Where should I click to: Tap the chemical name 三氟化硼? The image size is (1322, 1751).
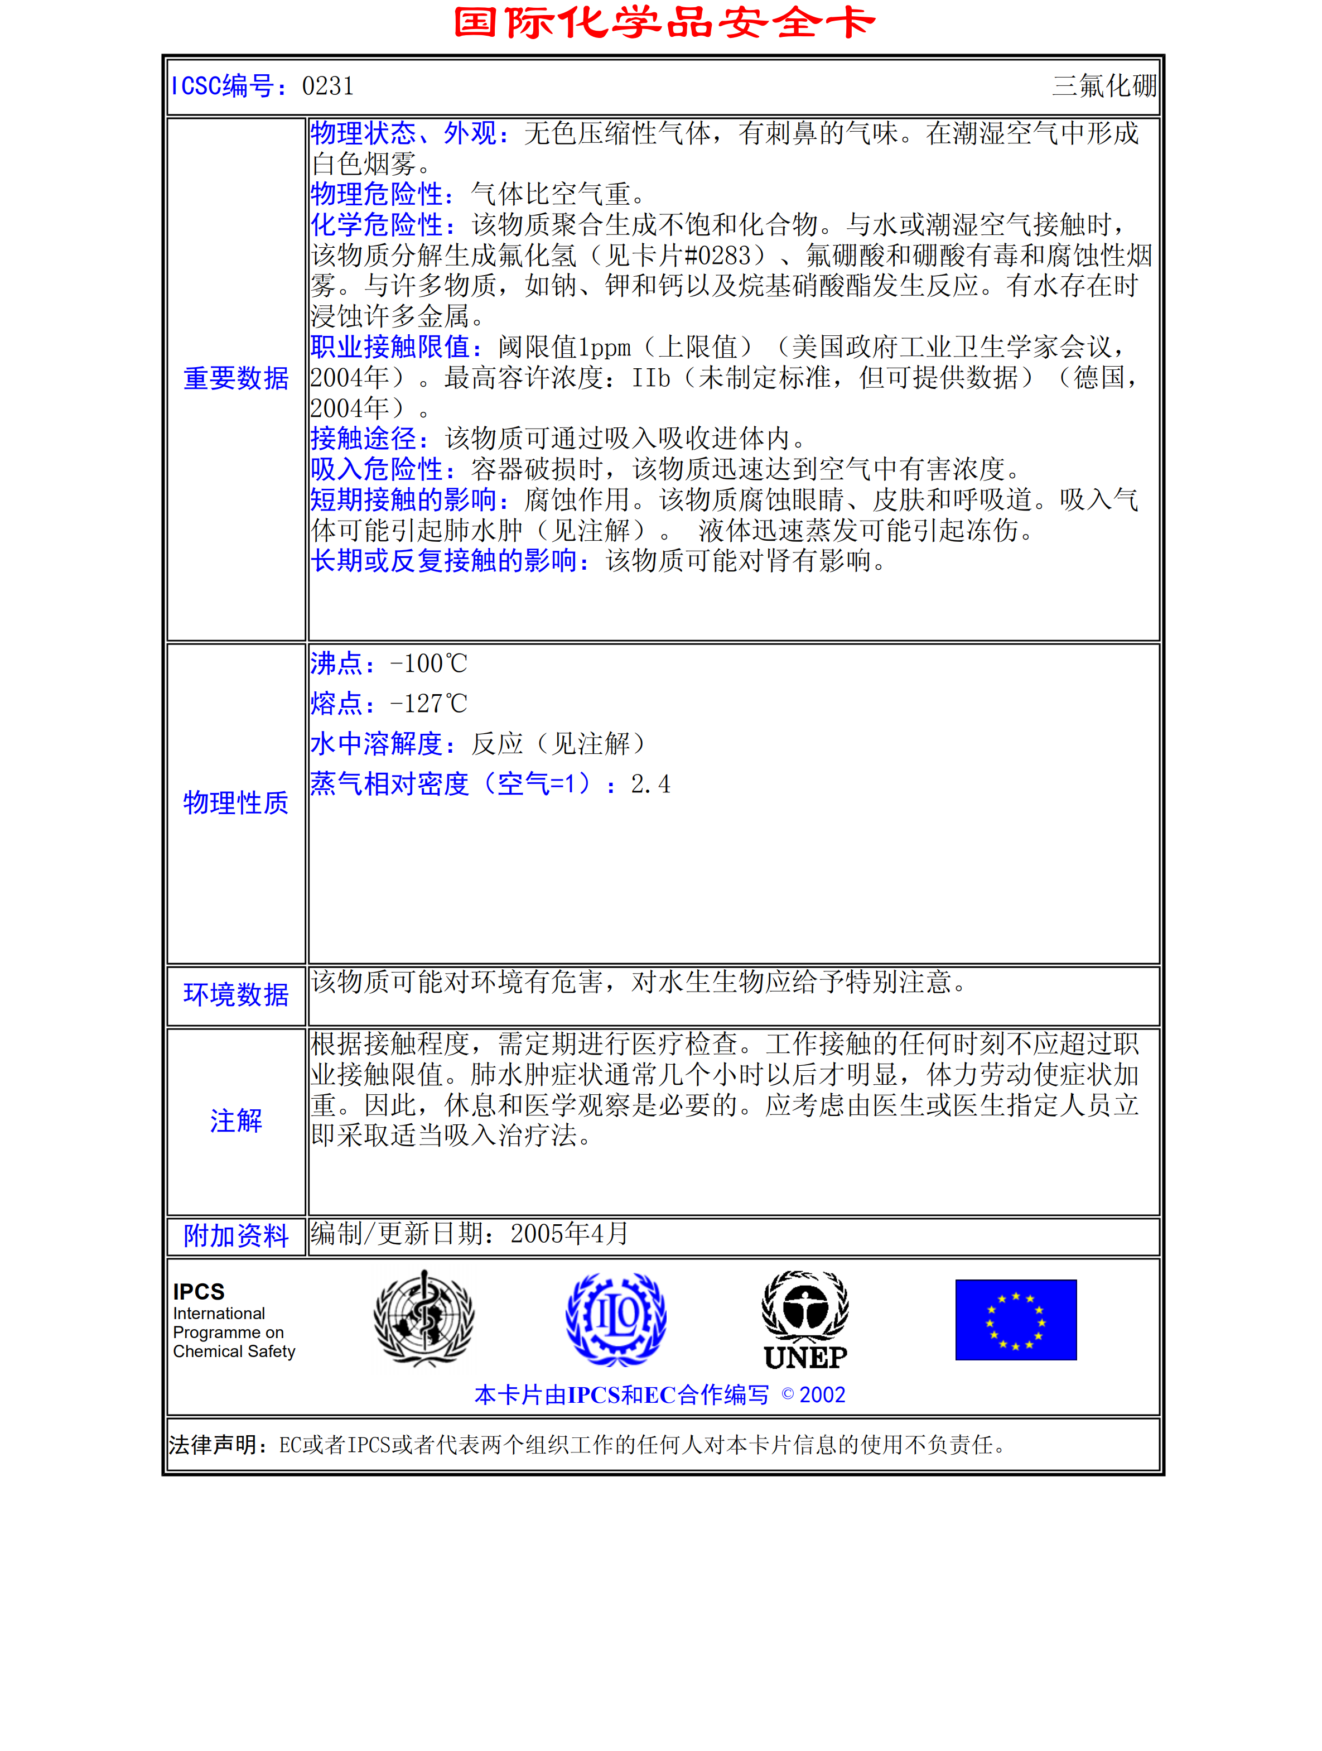pos(1104,85)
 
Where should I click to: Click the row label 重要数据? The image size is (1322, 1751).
pos(236,378)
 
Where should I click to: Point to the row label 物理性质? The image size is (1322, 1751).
pos(236,802)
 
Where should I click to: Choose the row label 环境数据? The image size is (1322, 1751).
pos(236,995)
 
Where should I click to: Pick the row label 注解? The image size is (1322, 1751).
pos(236,1121)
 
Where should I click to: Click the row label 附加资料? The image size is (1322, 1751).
pos(236,1235)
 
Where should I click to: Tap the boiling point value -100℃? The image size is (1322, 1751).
pos(428,663)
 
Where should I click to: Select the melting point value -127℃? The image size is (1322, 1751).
pos(428,704)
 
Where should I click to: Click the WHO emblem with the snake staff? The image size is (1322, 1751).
pos(424,1319)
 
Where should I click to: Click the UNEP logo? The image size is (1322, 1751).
pos(805,1320)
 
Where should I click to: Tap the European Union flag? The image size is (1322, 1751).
pos(1016,1320)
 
